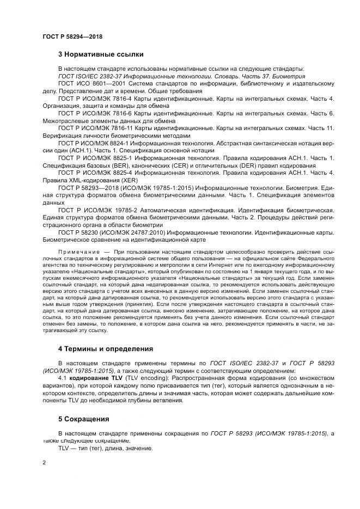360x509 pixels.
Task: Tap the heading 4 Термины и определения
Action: (106, 348)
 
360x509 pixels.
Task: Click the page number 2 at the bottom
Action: (43, 463)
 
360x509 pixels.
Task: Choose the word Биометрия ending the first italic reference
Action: (289, 76)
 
